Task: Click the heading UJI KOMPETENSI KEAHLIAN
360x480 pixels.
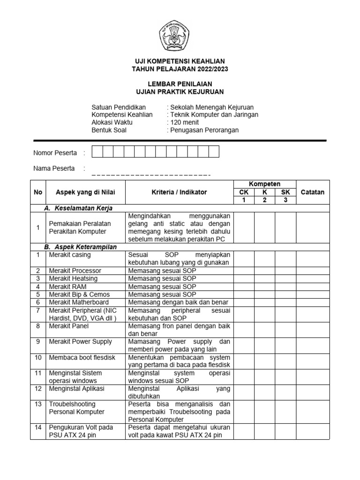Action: click(x=180, y=61)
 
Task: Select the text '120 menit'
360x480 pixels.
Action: click(x=183, y=122)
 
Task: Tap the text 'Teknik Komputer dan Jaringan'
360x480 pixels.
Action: click(x=213, y=115)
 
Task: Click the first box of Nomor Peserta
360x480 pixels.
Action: click(x=97, y=152)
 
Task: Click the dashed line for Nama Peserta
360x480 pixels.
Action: click(x=151, y=175)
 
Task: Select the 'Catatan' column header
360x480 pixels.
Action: click(x=312, y=192)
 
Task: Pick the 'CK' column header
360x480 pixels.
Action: click(x=244, y=192)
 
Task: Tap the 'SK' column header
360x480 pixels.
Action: click(x=285, y=192)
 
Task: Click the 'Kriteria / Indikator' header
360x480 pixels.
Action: click(x=179, y=192)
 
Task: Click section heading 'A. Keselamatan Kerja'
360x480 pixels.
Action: click(x=78, y=208)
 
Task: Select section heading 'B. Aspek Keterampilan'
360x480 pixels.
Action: click(x=80, y=247)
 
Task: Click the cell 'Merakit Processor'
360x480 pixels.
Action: click(x=75, y=271)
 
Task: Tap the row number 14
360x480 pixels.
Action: click(x=38, y=427)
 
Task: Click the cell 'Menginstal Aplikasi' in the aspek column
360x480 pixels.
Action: click(x=76, y=389)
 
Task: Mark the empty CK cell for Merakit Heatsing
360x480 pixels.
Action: click(x=244, y=279)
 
